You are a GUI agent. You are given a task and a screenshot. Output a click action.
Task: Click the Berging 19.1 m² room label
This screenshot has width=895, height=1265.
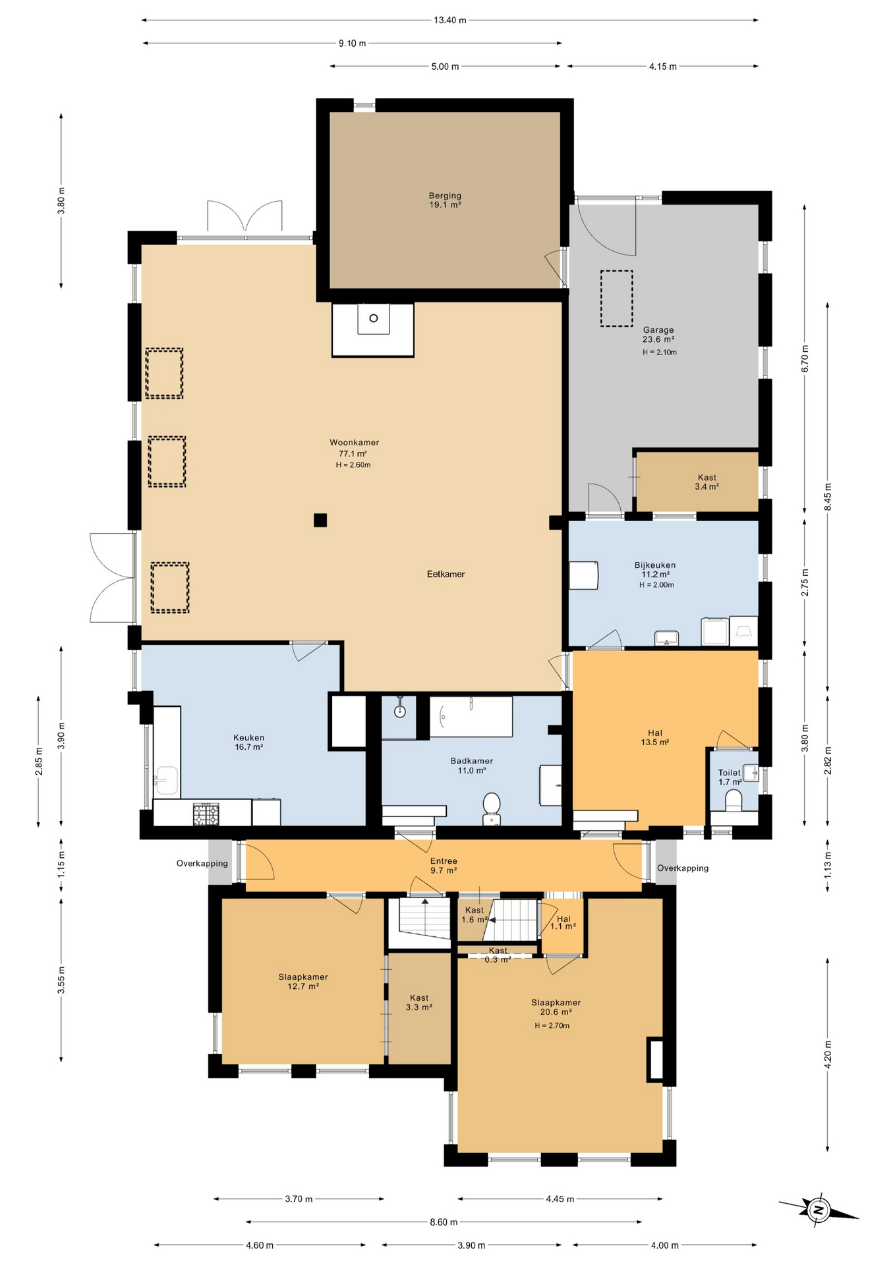(x=445, y=200)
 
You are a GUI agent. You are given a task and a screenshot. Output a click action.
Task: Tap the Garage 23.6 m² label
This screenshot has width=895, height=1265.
(x=658, y=335)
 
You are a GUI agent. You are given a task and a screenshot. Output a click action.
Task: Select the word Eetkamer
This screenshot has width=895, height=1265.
(x=446, y=575)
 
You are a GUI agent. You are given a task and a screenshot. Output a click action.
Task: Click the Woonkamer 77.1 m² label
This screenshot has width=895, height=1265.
(x=354, y=449)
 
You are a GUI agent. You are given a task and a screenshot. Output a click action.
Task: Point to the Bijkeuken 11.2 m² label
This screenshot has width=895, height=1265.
(x=654, y=570)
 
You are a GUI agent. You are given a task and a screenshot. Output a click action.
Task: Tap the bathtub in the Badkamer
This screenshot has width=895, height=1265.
(x=471, y=717)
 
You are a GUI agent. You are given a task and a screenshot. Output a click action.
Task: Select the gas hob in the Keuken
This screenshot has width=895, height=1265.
(x=206, y=814)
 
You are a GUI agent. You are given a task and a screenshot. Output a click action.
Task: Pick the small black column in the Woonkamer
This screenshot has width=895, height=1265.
(x=320, y=520)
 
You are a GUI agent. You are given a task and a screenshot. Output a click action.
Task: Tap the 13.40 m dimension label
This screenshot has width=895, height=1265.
(x=449, y=20)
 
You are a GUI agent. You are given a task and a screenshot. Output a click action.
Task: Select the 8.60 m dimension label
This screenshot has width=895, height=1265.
(x=444, y=1222)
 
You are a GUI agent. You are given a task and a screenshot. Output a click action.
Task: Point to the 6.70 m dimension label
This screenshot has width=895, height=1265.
(x=805, y=359)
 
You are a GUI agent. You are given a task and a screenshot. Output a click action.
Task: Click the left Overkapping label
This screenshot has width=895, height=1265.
(x=202, y=864)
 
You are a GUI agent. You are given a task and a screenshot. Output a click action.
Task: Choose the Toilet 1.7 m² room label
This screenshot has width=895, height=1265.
(x=730, y=777)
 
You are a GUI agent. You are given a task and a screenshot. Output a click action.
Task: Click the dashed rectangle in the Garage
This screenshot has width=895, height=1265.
(x=616, y=298)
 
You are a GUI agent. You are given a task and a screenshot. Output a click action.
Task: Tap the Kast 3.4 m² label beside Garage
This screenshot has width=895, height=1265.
(x=707, y=482)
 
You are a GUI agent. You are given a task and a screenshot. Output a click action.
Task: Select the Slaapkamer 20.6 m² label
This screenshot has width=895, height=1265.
(x=556, y=1007)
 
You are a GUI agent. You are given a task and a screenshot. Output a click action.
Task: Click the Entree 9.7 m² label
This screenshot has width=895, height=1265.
(x=444, y=866)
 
